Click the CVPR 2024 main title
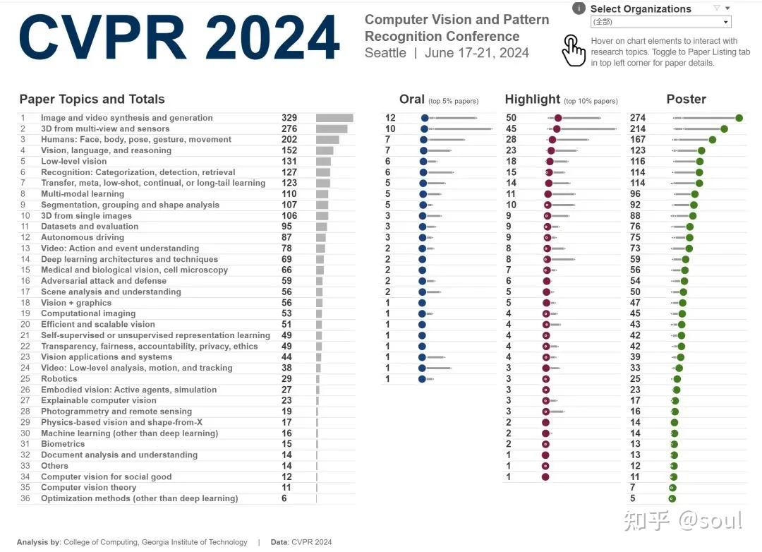pyautogui.click(x=179, y=37)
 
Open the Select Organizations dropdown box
pyautogui.click(x=660, y=23)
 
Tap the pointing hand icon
pyautogui.click(x=574, y=51)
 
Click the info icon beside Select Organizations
pyautogui.click(x=579, y=8)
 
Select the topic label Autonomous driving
pyautogui.click(x=82, y=237)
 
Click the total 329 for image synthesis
pyautogui.click(x=289, y=118)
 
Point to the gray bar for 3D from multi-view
pyautogui.click(x=332, y=128)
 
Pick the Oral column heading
pyautogui.click(x=412, y=100)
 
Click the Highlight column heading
pyautogui.click(x=533, y=100)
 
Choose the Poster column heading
pyautogui.click(x=686, y=100)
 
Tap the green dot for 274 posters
pyautogui.click(x=739, y=118)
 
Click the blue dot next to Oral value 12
pyautogui.click(x=425, y=118)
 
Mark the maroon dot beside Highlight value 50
pyautogui.click(x=558, y=118)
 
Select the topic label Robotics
pyautogui.click(x=59, y=379)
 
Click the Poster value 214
pyautogui.click(x=638, y=128)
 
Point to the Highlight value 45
pyautogui.click(x=512, y=128)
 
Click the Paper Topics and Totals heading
pyautogui.click(x=92, y=100)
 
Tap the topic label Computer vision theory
pyautogui.click(x=88, y=487)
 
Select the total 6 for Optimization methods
pyautogui.click(x=284, y=498)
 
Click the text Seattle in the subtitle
pyautogui.click(x=385, y=53)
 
